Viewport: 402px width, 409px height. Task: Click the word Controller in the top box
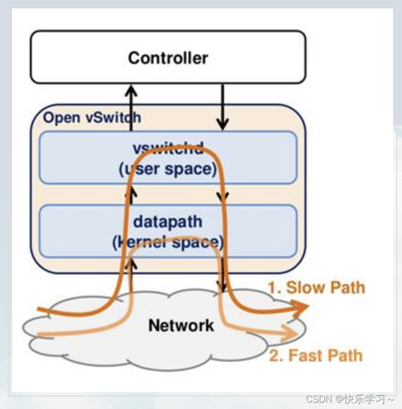[x=168, y=57]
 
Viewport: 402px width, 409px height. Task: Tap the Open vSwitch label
[x=92, y=117]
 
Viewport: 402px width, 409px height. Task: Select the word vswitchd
[x=168, y=149]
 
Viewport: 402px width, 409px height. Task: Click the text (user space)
[x=168, y=169]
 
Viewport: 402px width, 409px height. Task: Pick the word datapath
[x=168, y=221]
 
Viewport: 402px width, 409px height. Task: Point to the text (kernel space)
[x=168, y=242]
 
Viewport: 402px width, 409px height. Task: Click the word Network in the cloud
[x=181, y=325]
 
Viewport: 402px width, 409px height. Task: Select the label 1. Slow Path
[x=316, y=288]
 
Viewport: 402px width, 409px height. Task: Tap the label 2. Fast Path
[x=315, y=355]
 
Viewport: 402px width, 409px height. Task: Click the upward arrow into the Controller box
[x=131, y=103]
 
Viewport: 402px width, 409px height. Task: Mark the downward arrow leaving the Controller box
[x=223, y=108]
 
